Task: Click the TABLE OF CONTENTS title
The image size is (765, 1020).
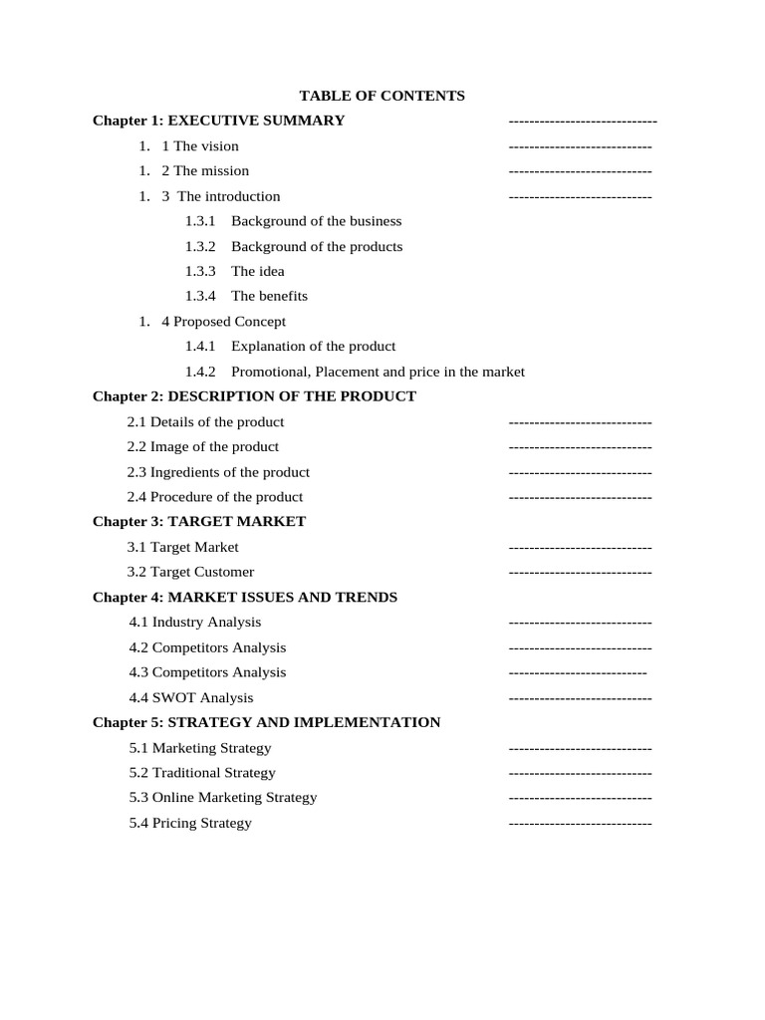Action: tap(382, 96)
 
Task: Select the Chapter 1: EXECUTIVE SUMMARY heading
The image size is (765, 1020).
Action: tap(218, 121)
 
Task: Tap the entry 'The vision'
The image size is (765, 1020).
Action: tap(205, 145)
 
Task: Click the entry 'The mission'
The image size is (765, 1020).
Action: tap(210, 170)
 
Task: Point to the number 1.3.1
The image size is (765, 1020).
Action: tap(200, 221)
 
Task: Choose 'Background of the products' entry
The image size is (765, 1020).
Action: tap(316, 246)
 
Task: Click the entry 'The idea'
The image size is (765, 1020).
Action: tap(257, 271)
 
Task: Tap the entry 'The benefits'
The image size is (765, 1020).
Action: tap(269, 296)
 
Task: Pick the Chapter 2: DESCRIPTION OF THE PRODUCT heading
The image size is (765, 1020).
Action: tap(254, 396)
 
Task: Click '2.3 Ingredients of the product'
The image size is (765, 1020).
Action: tap(218, 472)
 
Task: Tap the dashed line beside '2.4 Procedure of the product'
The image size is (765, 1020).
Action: tap(580, 497)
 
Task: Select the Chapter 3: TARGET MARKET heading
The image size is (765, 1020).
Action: tap(199, 521)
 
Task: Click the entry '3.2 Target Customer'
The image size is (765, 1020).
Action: tap(190, 572)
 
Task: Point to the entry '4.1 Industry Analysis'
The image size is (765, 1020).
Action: tap(195, 622)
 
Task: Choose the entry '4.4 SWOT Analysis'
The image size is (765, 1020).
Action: tap(191, 697)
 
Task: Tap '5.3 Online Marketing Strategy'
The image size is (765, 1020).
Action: tap(223, 797)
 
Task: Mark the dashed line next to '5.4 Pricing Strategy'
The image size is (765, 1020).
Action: tap(580, 823)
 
